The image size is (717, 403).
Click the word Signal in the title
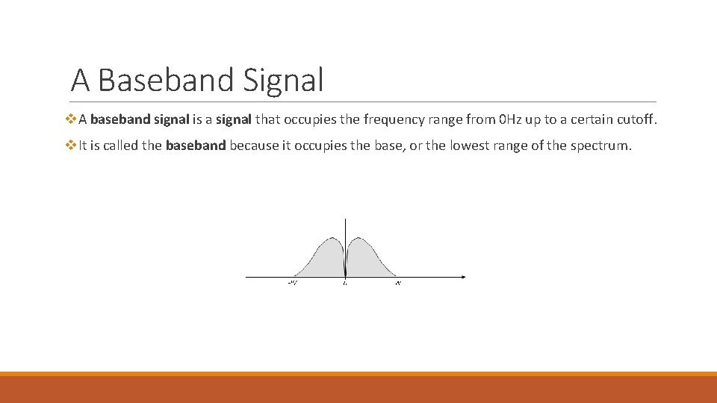click(284, 80)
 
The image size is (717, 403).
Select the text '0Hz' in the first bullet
click(512, 119)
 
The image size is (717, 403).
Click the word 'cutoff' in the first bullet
click(637, 119)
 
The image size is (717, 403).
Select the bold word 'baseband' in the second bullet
click(196, 146)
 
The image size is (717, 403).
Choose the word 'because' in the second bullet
click(253, 146)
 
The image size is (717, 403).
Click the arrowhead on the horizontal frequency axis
click(463, 278)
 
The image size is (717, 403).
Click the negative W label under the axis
click(292, 284)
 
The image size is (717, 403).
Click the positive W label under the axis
click(398, 284)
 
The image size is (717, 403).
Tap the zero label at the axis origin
click(345, 284)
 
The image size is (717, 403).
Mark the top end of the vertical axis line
click(345, 219)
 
